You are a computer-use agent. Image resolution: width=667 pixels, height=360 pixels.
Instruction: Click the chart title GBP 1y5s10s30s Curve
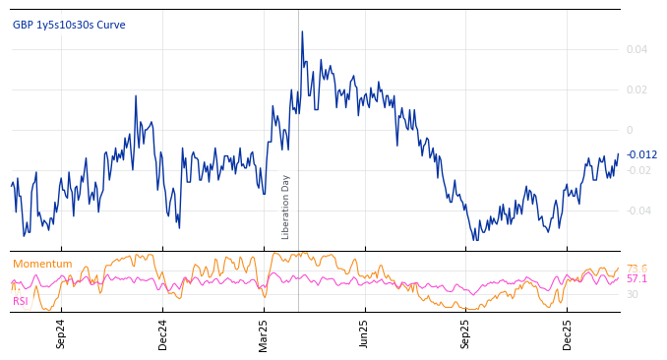(69, 25)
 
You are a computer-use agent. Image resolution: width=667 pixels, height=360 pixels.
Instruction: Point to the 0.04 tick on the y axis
(637, 49)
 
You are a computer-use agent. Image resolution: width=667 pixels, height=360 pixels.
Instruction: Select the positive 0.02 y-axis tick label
(637, 90)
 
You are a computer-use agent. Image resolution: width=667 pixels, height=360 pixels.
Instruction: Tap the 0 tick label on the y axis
(630, 130)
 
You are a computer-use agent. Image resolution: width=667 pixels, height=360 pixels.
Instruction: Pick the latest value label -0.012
(641, 154)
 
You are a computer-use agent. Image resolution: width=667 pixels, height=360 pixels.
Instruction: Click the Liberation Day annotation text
(286, 207)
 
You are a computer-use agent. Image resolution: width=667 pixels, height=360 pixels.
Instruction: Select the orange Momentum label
(42, 264)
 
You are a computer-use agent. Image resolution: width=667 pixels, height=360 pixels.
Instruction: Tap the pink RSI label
(20, 301)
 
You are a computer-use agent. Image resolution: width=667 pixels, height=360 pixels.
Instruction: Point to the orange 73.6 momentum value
(637, 269)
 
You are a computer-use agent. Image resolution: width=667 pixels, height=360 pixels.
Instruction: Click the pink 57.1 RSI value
(637, 279)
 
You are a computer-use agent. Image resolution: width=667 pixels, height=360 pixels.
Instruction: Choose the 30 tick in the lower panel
(632, 294)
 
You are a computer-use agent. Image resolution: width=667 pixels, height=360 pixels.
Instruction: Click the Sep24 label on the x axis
(61, 333)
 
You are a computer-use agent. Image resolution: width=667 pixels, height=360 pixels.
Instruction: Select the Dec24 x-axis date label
(162, 333)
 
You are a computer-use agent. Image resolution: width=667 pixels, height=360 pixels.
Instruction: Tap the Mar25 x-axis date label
(263, 333)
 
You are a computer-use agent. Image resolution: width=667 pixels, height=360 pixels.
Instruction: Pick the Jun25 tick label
(364, 333)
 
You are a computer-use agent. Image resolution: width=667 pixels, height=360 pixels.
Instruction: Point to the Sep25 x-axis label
(466, 333)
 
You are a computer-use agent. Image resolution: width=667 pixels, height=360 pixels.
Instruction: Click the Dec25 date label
(568, 333)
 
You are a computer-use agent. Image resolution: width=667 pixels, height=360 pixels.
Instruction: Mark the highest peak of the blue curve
(302, 31)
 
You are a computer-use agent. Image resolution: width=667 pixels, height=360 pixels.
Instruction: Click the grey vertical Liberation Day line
(298, 118)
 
